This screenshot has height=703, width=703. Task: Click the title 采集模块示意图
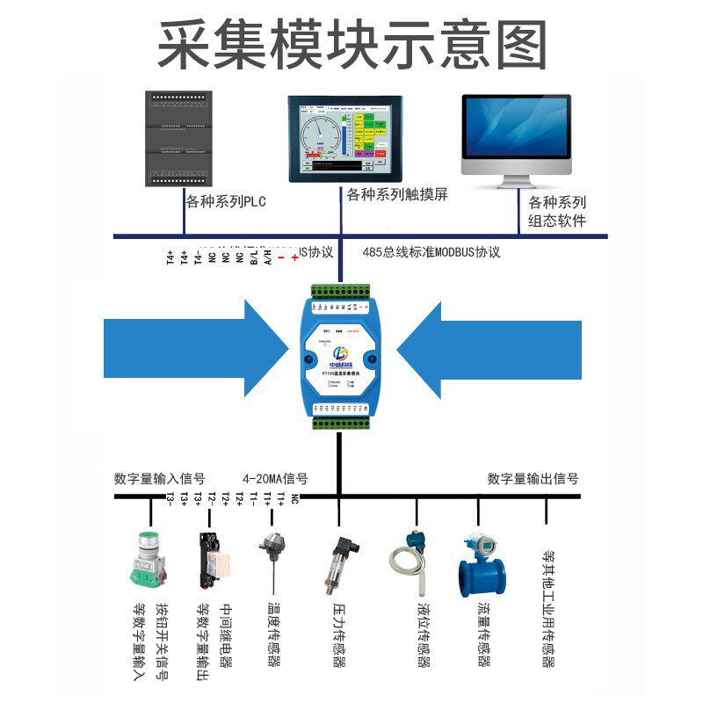click(351, 44)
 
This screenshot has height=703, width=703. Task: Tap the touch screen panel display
click(343, 138)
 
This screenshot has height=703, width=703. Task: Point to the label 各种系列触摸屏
click(397, 195)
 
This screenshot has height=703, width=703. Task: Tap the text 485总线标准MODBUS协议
click(431, 253)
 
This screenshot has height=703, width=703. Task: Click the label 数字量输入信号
click(159, 479)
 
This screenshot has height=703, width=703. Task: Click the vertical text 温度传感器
click(273, 634)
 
